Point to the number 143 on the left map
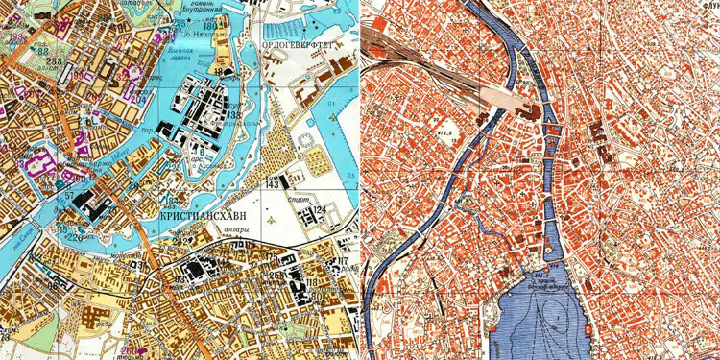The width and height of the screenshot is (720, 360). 273,182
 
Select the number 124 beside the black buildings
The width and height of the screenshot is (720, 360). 319,209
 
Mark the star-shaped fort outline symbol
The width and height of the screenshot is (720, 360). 306,143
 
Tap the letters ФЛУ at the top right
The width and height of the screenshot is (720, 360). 710,12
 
